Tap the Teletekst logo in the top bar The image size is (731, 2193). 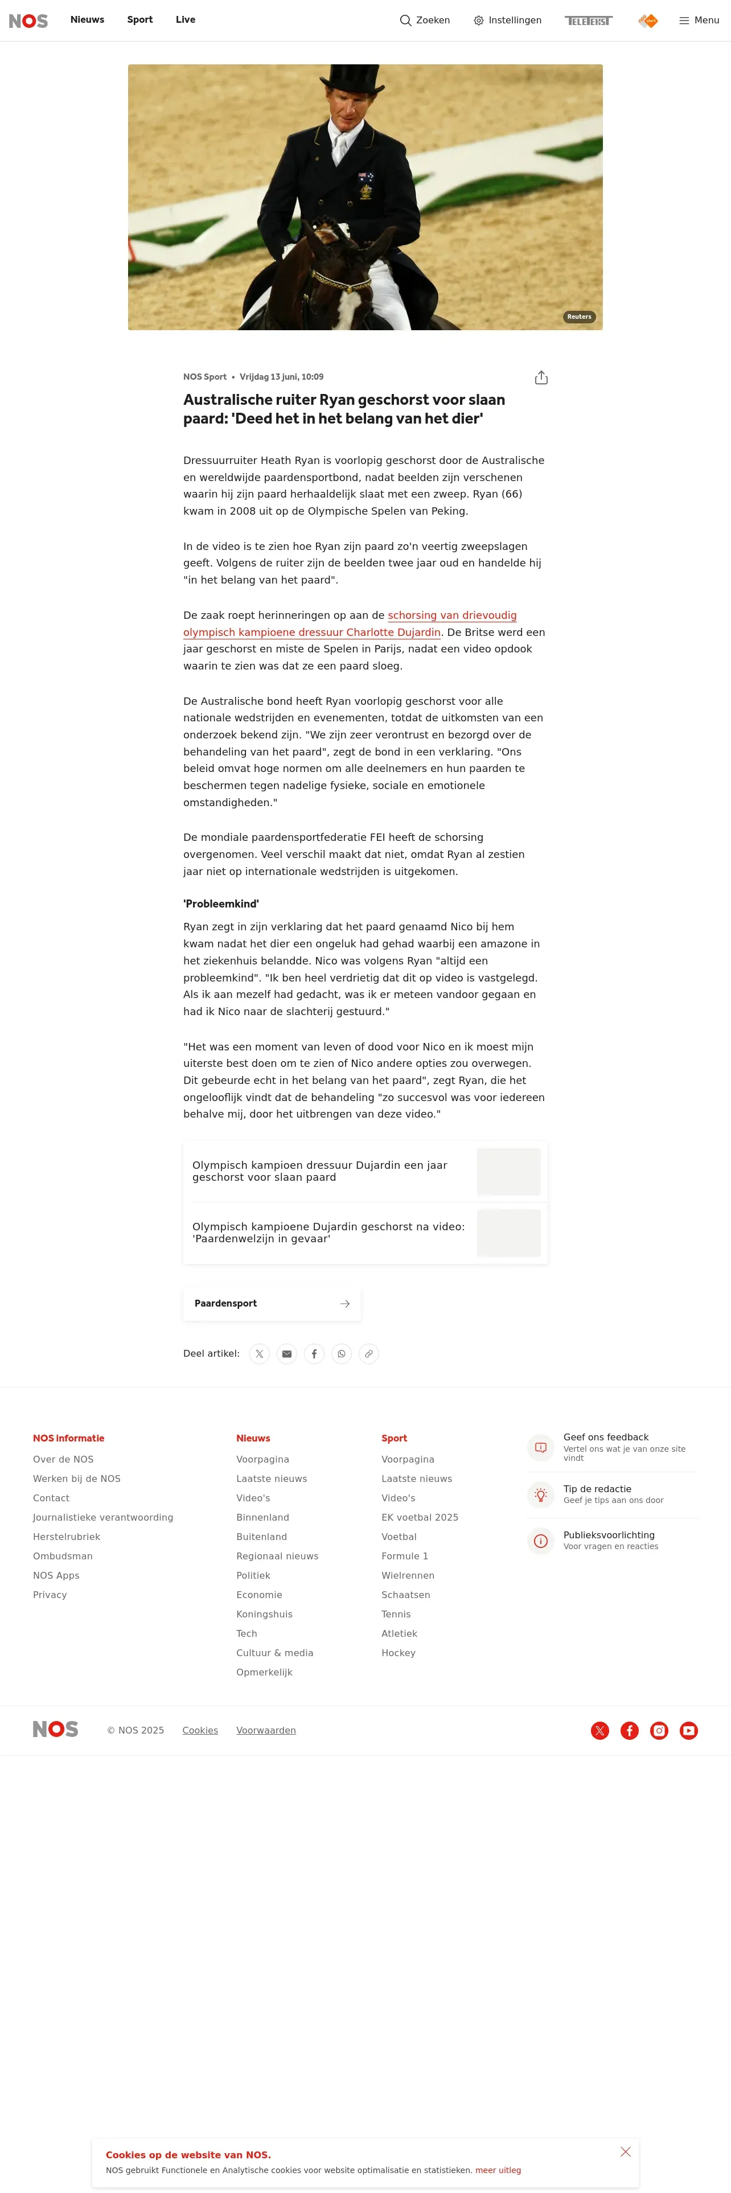point(588,20)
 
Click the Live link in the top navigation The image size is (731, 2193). point(186,19)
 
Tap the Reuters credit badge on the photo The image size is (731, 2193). point(578,317)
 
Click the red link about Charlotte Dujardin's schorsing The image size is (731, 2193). point(349,624)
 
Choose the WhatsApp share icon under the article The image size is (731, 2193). point(341,1354)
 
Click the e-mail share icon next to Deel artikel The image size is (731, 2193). point(287,1354)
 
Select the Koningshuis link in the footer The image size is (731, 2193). point(264,1614)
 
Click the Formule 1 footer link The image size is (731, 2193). point(404,1556)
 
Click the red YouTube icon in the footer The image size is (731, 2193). point(688,1730)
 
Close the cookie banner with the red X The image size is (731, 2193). point(626,2151)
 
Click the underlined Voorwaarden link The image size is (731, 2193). point(265,1730)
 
